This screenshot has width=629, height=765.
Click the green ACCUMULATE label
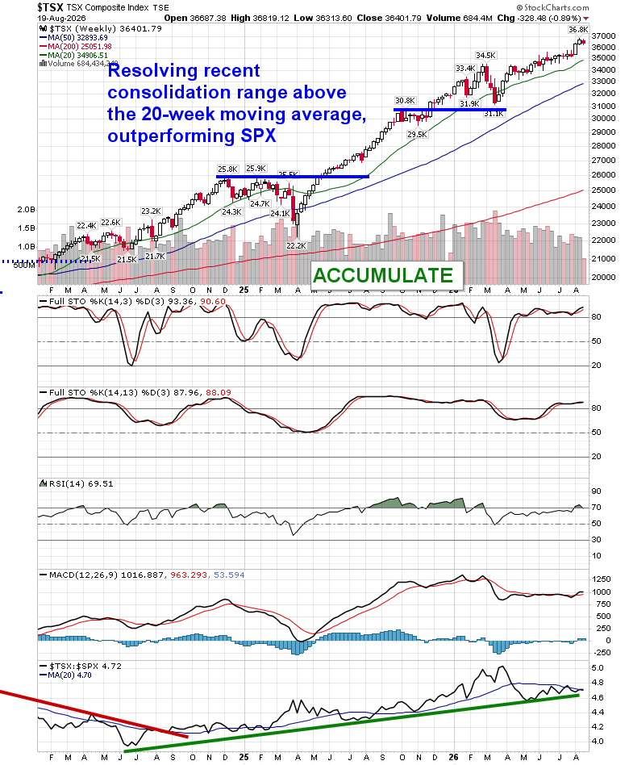[x=383, y=276]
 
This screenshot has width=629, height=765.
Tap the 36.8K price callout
[x=578, y=30]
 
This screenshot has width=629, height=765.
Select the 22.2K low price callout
[x=296, y=246]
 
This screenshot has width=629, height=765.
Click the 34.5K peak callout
[x=485, y=56]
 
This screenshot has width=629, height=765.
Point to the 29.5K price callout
[x=418, y=135]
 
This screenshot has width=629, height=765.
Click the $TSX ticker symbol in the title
[x=50, y=7]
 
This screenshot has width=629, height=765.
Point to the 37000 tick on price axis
[x=604, y=36]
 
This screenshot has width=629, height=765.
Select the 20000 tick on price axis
[x=604, y=277]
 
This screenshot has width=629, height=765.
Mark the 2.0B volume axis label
[x=27, y=210]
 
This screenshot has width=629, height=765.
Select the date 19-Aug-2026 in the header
[x=61, y=18]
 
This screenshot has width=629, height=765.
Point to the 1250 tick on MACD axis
[x=602, y=579]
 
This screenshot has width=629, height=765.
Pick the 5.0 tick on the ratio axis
[x=598, y=668]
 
